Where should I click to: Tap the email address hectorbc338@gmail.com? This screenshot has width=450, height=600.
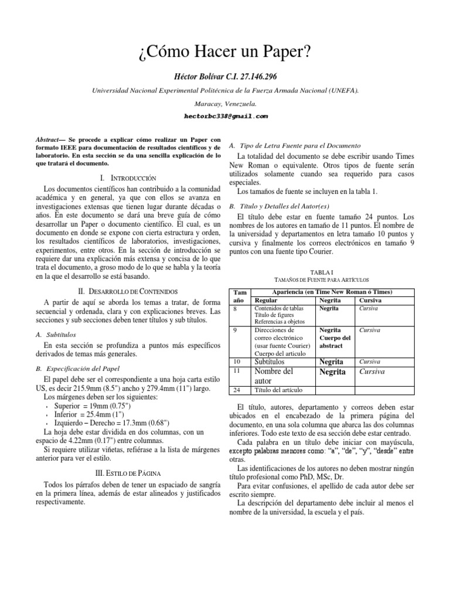click(225, 116)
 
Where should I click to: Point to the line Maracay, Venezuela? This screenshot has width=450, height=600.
click(225, 103)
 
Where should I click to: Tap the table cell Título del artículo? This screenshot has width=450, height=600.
click(279, 390)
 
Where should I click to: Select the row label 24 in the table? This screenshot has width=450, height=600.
click(236, 390)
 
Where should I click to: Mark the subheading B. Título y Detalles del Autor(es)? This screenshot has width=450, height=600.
click(280, 206)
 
